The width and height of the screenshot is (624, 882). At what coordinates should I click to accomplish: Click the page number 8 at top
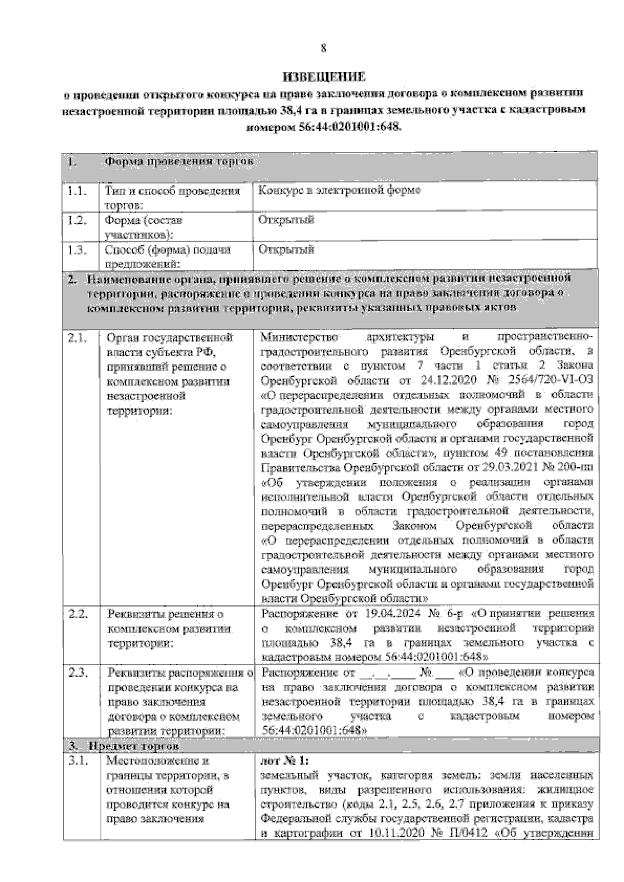(323, 49)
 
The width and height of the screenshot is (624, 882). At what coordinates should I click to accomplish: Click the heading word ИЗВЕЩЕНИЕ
(323, 77)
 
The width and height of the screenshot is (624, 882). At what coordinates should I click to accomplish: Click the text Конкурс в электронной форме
(340, 190)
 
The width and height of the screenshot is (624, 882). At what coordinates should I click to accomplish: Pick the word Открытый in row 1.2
(287, 220)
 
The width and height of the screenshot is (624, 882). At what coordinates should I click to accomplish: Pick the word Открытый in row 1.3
(287, 250)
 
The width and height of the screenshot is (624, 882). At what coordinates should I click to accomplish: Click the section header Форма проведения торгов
(179, 162)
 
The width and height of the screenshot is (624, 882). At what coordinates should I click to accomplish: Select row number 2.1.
(78, 338)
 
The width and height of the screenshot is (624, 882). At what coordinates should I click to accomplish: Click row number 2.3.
(78, 673)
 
